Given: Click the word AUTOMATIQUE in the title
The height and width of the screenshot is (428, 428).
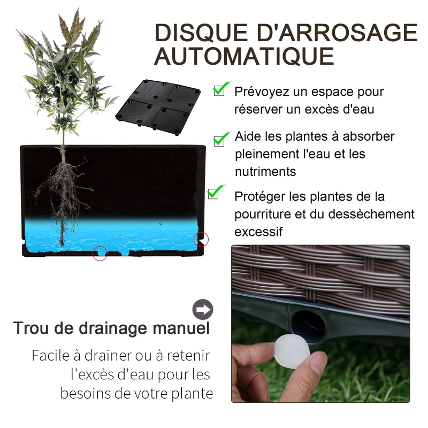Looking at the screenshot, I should [x=244, y=56].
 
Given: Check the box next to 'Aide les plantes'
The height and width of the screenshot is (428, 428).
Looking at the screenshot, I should [x=220, y=139].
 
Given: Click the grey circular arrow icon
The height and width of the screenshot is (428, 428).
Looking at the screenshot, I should [x=203, y=309].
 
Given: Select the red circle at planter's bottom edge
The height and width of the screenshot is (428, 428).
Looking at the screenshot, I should [x=100, y=254].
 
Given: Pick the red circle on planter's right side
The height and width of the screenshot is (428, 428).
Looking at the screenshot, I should [x=201, y=239].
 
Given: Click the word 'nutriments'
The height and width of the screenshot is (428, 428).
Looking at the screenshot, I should [x=265, y=172].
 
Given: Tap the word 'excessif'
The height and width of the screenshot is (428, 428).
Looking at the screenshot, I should [x=258, y=232].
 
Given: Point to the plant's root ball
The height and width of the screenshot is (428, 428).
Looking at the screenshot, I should [x=63, y=193].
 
